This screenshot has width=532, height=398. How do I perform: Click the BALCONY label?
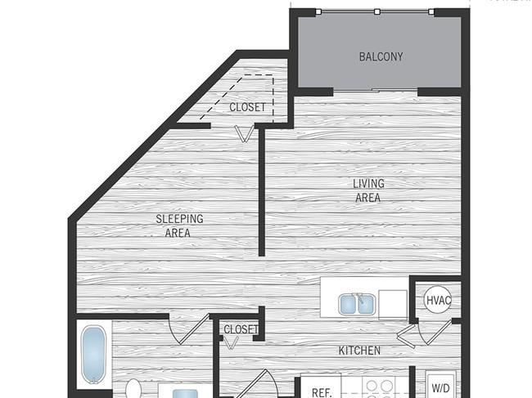point(381,56)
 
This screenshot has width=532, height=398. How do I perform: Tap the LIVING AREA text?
point(368,190)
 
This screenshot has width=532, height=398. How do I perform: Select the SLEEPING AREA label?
point(179,226)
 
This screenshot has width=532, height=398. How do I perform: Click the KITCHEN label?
point(359,351)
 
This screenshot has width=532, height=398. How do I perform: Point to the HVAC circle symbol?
point(437,300)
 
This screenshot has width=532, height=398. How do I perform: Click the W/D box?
point(440,387)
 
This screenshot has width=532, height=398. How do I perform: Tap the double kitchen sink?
point(356,304)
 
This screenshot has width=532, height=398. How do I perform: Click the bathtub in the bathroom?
point(93,356)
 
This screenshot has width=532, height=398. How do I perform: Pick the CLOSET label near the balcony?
point(246,107)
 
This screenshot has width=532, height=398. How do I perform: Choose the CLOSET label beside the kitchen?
point(241,329)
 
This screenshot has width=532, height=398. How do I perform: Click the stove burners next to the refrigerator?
point(380,387)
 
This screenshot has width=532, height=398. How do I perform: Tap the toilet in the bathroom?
point(133,388)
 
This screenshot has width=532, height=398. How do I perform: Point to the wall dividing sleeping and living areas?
point(261,192)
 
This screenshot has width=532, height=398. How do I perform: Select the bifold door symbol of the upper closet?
point(243,133)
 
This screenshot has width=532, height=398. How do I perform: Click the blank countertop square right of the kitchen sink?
point(392,303)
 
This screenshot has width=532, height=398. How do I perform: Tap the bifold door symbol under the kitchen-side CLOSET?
point(233,342)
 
